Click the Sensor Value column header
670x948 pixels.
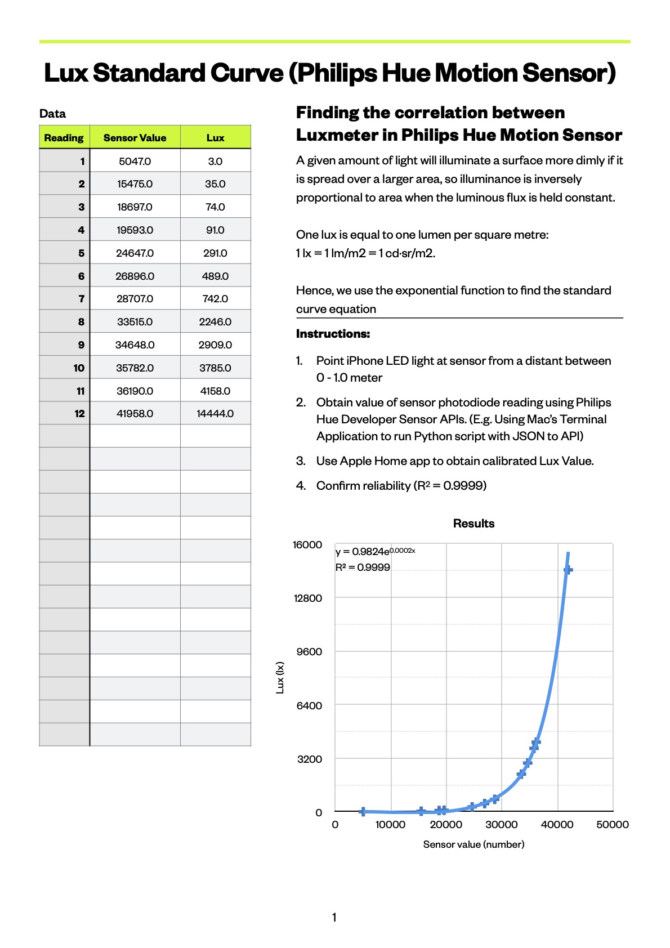pyautogui.click(x=135, y=138)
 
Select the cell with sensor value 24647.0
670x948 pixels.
pyautogui.click(x=135, y=253)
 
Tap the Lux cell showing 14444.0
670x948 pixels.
pyautogui.click(x=215, y=414)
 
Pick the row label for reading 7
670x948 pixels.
pyautogui.click(x=81, y=299)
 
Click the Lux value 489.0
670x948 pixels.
pyautogui.click(x=215, y=276)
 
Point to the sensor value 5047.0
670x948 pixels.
pyautogui.click(x=135, y=162)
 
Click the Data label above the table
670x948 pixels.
pyautogui.click(x=52, y=114)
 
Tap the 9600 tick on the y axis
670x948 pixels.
pyautogui.click(x=309, y=652)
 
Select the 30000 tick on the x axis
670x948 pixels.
pyautogui.click(x=501, y=825)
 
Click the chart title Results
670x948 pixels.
pyautogui.click(x=474, y=524)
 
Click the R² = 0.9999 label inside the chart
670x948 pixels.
pyautogui.click(x=363, y=567)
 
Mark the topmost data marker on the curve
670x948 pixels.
pyautogui.click(x=568, y=570)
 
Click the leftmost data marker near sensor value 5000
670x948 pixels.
pyautogui.click(x=363, y=811)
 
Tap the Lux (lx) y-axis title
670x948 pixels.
pyautogui.click(x=280, y=677)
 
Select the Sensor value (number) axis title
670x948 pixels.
pyautogui.click(x=474, y=844)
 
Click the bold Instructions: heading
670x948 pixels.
pyautogui.click(x=333, y=334)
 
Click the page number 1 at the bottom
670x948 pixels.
pyautogui.click(x=334, y=918)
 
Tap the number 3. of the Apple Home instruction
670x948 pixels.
pyautogui.click(x=301, y=461)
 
